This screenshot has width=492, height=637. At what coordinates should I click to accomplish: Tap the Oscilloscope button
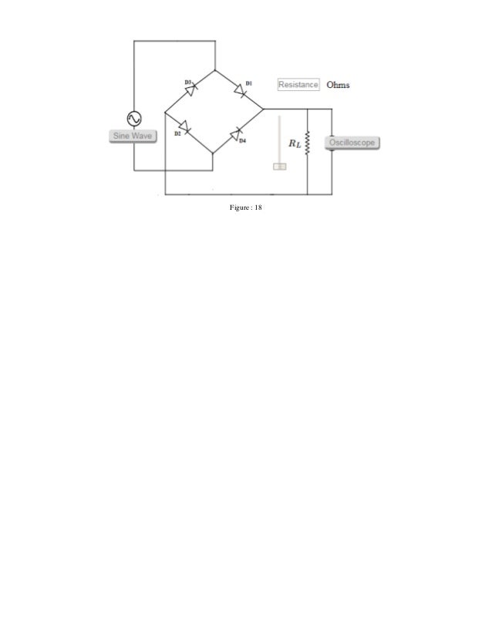click(x=352, y=143)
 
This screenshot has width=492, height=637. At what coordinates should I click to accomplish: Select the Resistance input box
click(x=298, y=84)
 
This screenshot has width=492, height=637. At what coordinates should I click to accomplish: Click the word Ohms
click(x=338, y=84)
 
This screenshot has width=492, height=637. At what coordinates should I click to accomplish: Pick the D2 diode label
click(x=177, y=133)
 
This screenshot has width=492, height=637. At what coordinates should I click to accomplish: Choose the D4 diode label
click(x=242, y=141)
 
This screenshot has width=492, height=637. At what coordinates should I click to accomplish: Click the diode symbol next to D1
click(x=240, y=93)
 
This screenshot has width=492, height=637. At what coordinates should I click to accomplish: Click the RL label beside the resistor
click(x=295, y=143)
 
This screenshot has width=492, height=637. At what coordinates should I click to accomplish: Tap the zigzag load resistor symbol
click(x=307, y=143)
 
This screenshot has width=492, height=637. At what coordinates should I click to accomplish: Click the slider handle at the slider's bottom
click(x=279, y=166)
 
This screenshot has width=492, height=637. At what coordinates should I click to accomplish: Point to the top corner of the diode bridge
click(x=214, y=68)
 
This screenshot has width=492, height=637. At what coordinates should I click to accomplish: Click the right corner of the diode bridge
click(x=264, y=110)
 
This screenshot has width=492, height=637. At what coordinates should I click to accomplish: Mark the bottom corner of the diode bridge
click(x=214, y=153)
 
